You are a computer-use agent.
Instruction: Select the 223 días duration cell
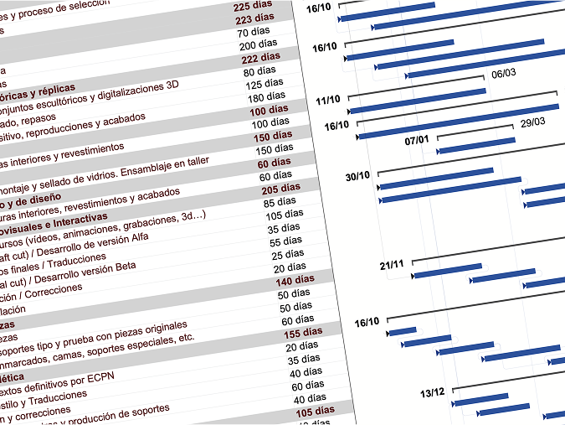254,20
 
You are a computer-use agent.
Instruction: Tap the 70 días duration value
254,33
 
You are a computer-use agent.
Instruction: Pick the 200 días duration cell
259,45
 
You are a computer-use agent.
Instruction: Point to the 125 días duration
265,84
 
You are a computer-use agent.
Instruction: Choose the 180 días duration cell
266,97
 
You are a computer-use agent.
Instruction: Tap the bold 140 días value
295,279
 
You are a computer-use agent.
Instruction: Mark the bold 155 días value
302,333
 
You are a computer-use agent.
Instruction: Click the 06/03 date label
503,73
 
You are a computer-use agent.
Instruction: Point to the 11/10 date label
328,100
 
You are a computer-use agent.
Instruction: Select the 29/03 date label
532,122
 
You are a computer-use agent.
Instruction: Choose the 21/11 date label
391,265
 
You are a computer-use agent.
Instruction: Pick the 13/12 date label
432,392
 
